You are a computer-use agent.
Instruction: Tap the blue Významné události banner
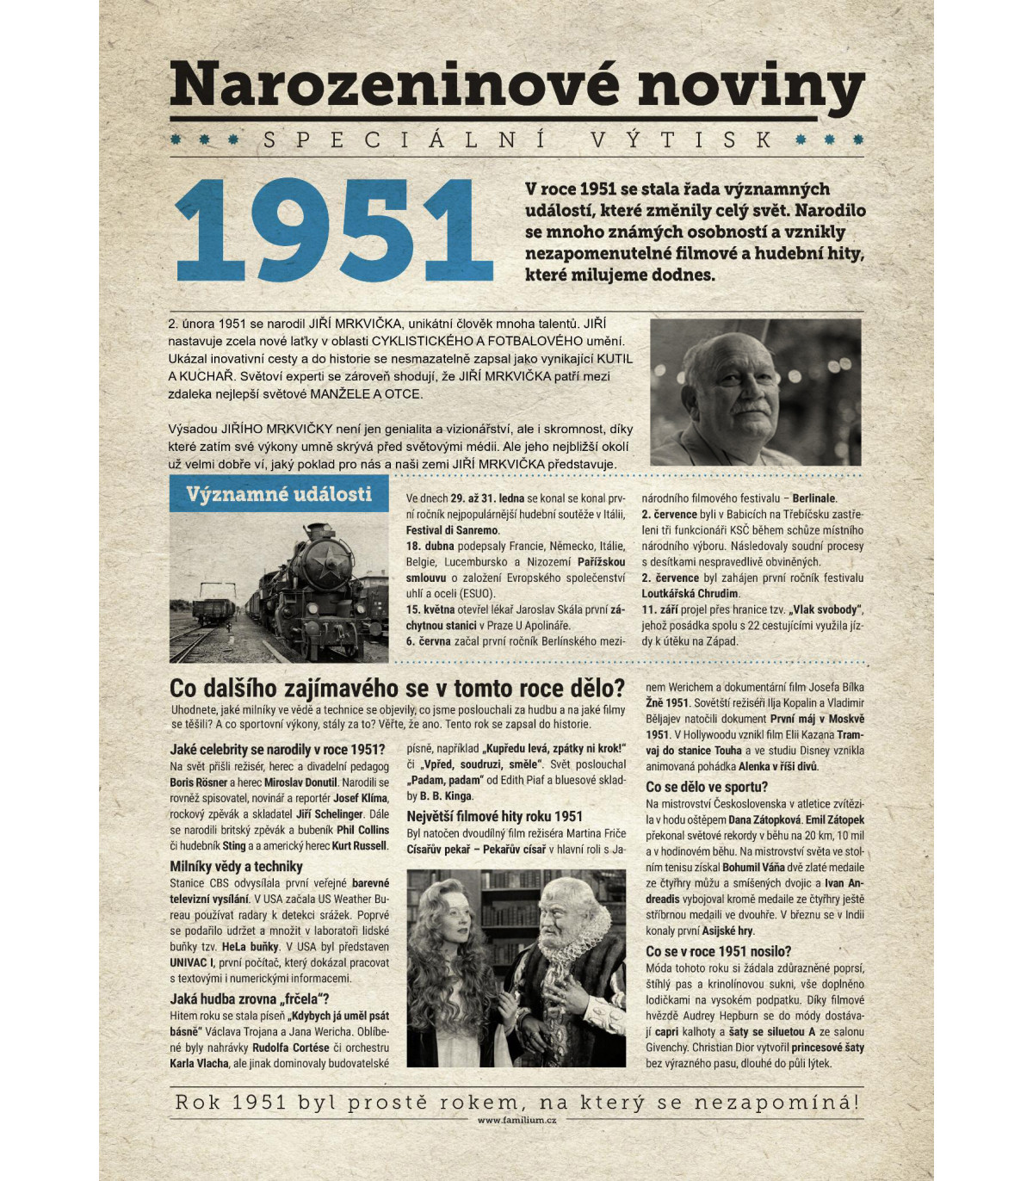[x=279, y=494]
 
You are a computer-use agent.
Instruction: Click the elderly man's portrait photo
[x=755, y=393]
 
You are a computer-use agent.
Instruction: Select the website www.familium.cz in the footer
[x=516, y=1120]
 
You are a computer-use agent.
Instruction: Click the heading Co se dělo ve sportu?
[x=706, y=787]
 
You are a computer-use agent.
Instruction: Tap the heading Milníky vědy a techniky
[x=236, y=866]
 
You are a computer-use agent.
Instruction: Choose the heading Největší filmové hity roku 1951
[x=494, y=816]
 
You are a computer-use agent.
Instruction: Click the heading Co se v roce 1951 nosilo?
[x=718, y=951]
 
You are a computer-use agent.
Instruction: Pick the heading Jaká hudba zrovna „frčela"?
[x=249, y=999]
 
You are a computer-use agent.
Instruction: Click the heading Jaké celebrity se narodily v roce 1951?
[x=277, y=749]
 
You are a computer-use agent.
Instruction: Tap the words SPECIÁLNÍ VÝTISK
[x=516, y=139]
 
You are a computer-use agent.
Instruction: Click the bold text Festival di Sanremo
[x=452, y=530]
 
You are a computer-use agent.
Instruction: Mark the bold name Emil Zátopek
[x=834, y=819]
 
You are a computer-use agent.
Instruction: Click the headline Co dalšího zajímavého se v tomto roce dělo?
[x=397, y=688]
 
